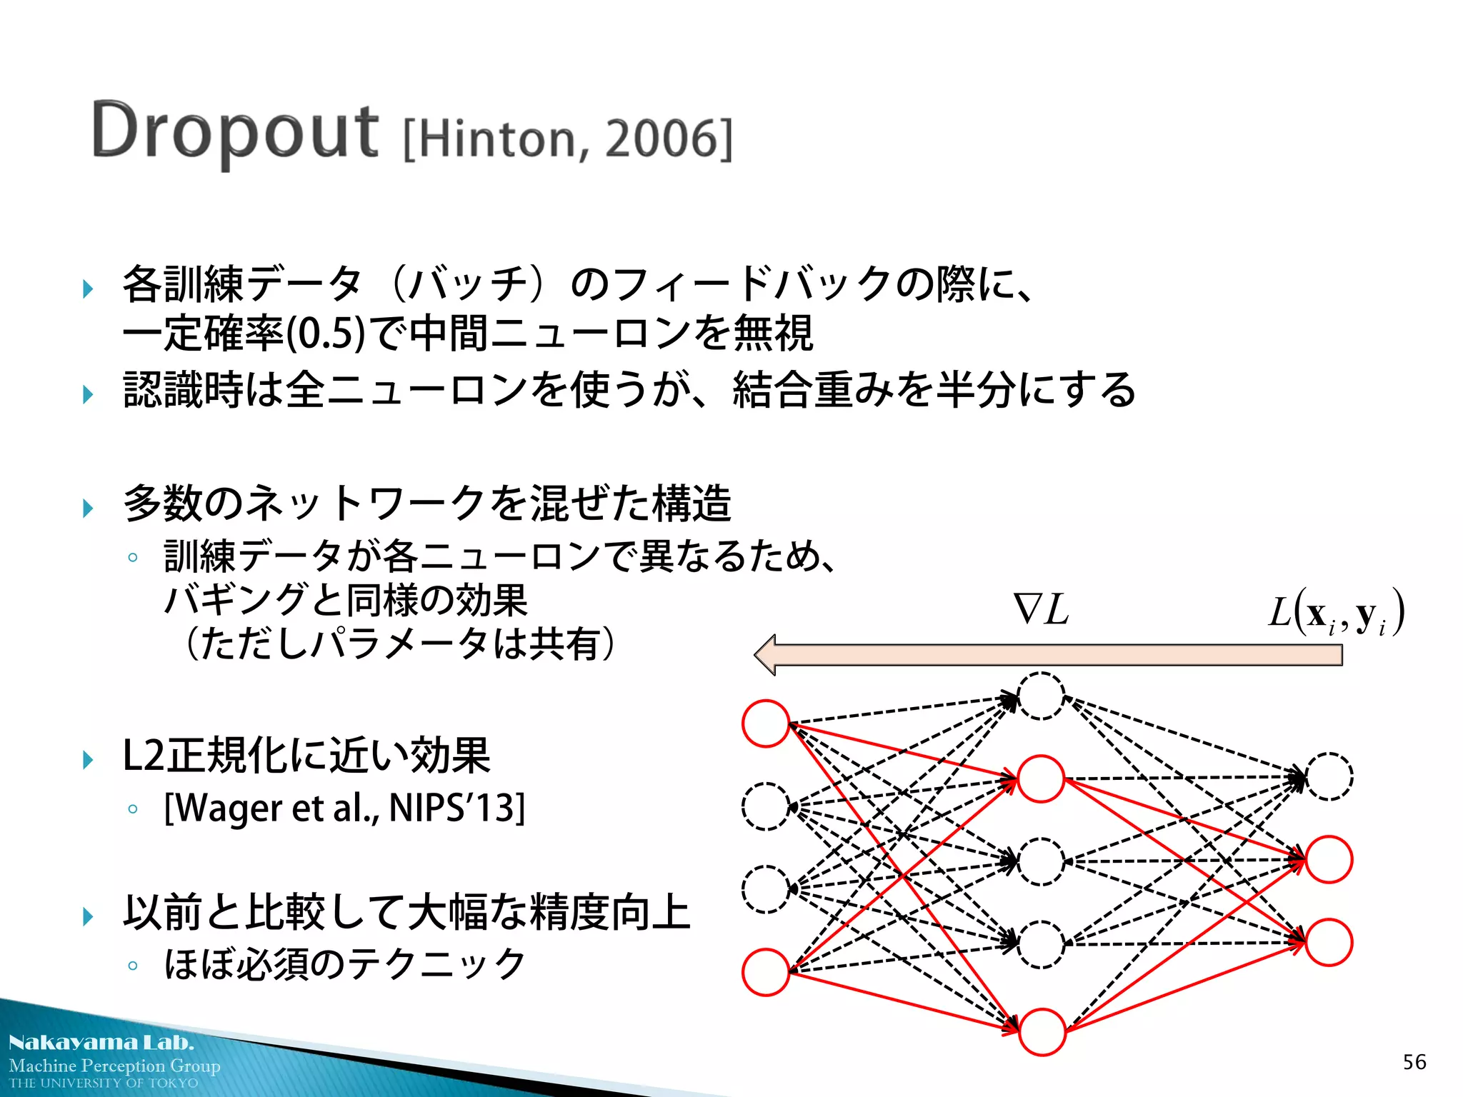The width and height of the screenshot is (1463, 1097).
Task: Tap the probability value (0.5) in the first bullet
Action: click(x=326, y=334)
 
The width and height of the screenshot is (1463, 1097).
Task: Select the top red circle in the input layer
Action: click(x=766, y=723)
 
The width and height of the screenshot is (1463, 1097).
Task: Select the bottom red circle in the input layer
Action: click(x=766, y=972)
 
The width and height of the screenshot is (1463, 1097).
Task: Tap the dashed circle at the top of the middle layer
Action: click(x=1042, y=696)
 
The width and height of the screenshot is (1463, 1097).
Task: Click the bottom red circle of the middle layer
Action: click(x=1042, y=1032)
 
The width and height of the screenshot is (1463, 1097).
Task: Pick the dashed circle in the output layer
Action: click(x=1329, y=776)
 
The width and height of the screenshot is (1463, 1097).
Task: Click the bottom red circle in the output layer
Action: click(x=1329, y=943)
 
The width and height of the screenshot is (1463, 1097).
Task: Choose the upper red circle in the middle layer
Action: click(x=1042, y=778)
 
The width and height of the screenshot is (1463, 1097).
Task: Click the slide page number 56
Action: click(x=1414, y=1062)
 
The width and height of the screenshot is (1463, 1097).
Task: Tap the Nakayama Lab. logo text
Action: click(x=101, y=1043)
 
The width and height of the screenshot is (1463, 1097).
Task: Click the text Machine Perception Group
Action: click(x=114, y=1066)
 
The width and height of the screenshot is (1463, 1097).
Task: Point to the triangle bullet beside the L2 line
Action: click(x=88, y=759)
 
